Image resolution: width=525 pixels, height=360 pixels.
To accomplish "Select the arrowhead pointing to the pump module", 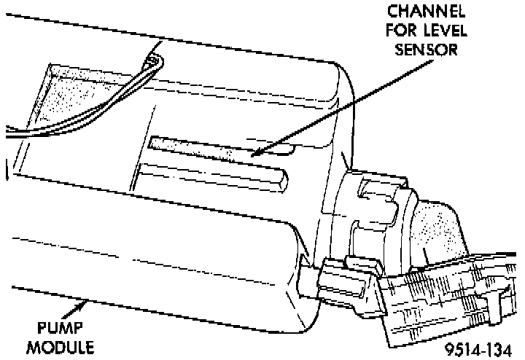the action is pyautogui.click(x=87, y=300).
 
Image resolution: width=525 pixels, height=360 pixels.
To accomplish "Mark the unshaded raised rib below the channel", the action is pyautogui.click(x=211, y=175).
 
